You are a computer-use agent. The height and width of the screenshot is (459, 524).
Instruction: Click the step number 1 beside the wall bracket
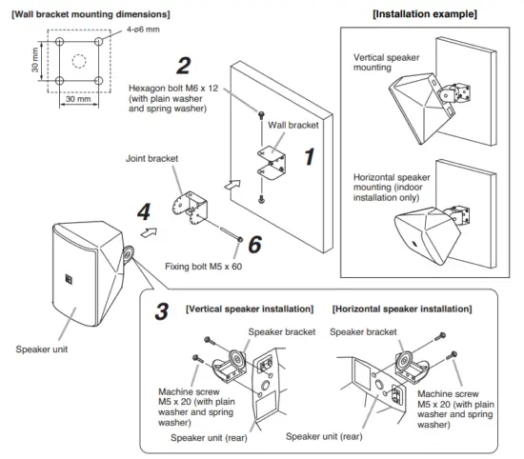coord(309,157)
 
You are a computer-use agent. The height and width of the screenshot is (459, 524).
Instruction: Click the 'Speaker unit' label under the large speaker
coord(38,349)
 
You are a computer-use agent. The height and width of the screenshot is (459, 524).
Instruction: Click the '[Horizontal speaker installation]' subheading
coord(403,310)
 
